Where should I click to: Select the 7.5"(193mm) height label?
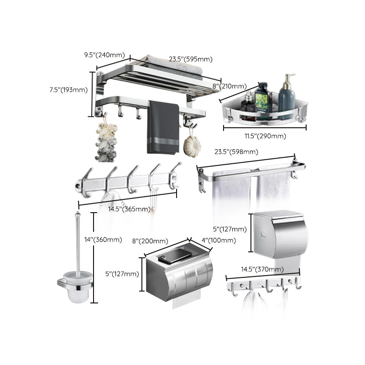pos(68,89)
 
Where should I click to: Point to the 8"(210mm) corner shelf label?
pos(229,86)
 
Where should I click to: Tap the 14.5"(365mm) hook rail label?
pos(129,209)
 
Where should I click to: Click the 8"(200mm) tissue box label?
pos(150,240)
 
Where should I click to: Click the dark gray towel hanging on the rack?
pos(163,128)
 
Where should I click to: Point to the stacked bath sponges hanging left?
pos(106,141)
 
